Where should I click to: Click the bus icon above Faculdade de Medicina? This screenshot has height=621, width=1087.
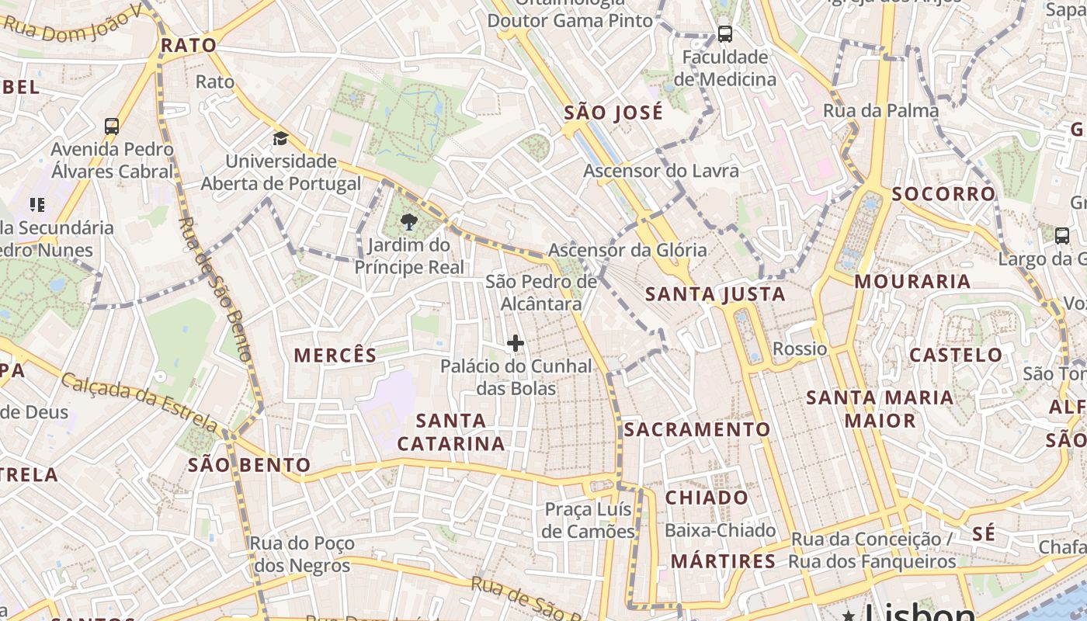[x=724, y=34]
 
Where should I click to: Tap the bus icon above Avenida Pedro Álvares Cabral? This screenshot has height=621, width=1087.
[x=112, y=127]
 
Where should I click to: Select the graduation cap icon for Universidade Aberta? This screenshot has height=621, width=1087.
[x=280, y=139]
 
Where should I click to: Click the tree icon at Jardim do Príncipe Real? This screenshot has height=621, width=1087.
[x=408, y=223]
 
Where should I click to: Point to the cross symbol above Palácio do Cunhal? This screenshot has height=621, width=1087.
[x=515, y=342]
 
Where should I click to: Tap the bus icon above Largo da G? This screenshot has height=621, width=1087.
[x=1062, y=236]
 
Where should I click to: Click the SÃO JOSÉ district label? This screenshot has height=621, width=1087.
[x=613, y=113]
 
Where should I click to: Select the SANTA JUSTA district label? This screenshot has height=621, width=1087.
[x=715, y=294]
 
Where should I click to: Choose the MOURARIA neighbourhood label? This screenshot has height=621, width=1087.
[x=912, y=282]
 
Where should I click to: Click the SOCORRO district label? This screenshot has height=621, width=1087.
[x=943, y=194]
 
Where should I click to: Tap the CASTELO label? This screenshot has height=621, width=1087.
[x=956, y=356]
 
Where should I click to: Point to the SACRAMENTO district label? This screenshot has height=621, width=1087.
[x=697, y=429]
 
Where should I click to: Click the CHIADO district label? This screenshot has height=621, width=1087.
[x=707, y=498]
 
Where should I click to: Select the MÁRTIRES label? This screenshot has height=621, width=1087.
[x=723, y=561]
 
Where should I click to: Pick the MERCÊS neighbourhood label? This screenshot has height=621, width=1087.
[x=335, y=356]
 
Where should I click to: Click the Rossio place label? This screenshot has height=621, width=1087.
[x=800, y=349]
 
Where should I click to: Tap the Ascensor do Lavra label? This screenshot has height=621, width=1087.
[x=661, y=170]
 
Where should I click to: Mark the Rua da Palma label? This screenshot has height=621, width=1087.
[x=880, y=110]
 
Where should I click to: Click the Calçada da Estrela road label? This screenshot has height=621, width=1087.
[x=140, y=402]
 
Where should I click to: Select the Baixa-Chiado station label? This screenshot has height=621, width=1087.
[x=720, y=530]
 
